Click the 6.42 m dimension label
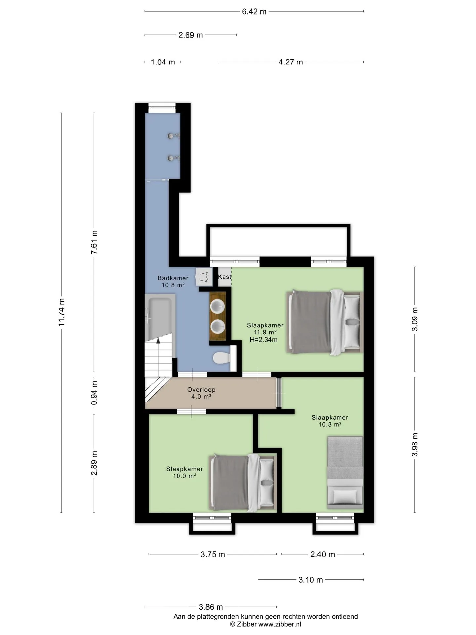click(x=254, y=12)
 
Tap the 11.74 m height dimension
click(x=62, y=312)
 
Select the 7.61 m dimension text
click(x=94, y=242)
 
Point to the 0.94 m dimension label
click(x=94, y=393)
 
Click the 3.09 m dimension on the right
click(x=415, y=319)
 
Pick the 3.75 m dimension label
click(x=213, y=554)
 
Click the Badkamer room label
click(x=173, y=278)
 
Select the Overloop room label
click(x=201, y=390)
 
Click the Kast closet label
click(x=224, y=277)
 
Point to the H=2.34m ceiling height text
click(x=263, y=340)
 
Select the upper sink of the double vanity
click(x=218, y=306)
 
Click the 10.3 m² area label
click(x=330, y=425)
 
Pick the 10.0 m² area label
click(x=184, y=476)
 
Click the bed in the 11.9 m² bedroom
click(x=325, y=322)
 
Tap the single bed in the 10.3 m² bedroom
click(x=345, y=473)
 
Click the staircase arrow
click(x=158, y=357)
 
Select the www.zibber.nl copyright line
click(x=265, y=624)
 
